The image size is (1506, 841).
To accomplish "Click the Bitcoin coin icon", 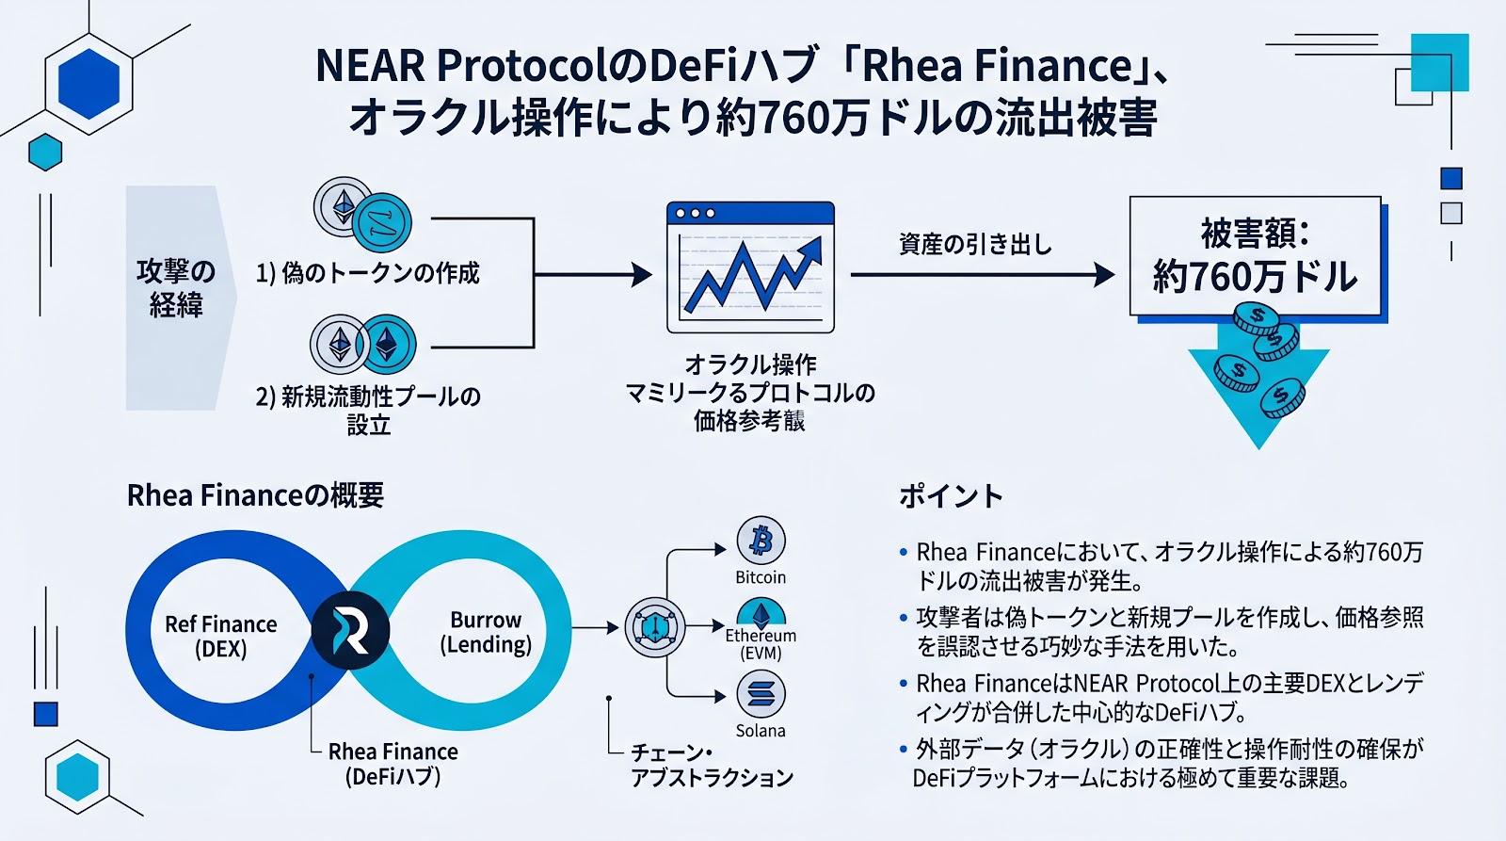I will click(761, 541).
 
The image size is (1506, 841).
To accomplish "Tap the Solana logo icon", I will click(761, 695).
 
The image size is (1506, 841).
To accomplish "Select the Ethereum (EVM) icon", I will click(761, 616).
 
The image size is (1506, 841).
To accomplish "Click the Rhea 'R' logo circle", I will click(350, 630).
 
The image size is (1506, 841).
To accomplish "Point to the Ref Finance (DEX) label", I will click(220, 637).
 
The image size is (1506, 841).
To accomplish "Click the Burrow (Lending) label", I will click(486, 632).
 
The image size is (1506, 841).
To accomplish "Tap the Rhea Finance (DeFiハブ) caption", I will click(393, 764).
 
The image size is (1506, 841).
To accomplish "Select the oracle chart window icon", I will click(750, 267).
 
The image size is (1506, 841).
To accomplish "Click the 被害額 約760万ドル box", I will click(1255, 255).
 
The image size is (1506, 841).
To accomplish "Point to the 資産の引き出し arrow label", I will click(975, 245).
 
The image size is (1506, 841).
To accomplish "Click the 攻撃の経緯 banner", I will click(176, 288).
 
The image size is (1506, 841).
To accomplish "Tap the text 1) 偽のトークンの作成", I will click(367, 273).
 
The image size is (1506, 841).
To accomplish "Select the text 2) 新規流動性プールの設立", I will click(368, 410).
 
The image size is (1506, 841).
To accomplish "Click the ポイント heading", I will click(951, 496).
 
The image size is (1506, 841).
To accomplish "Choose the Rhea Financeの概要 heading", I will click(255, 495).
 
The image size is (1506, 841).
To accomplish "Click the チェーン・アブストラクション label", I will click(712, 765).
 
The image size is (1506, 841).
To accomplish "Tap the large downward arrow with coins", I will click(1258, 377).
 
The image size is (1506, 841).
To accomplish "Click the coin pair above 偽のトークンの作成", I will click(362, 213).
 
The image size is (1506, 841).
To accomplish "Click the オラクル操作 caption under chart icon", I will click(750, 364).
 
